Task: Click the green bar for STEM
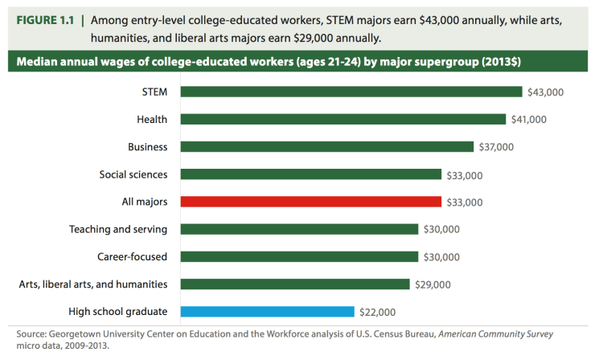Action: [351, 92]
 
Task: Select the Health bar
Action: [345, 119]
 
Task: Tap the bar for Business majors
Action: [326, 146]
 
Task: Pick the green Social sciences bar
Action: [311, 174]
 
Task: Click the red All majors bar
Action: [311, 202]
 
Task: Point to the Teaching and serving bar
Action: [299, 229]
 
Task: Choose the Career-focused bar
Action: [299, 256]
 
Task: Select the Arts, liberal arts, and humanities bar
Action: [295, 284]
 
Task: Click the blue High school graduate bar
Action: [267, 311]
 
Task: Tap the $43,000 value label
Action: [546, 92]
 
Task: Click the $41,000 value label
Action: [529, 120]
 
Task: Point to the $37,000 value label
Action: [495, 147]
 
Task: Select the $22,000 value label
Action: [376, 312]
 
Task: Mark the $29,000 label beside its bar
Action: [433, 284]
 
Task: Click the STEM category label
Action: [154, 92]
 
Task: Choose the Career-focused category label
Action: [131, 257]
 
